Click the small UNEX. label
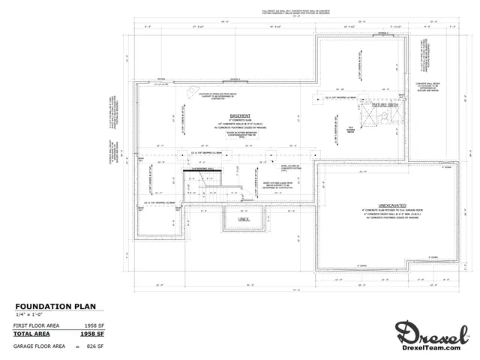[x=244, y=219]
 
